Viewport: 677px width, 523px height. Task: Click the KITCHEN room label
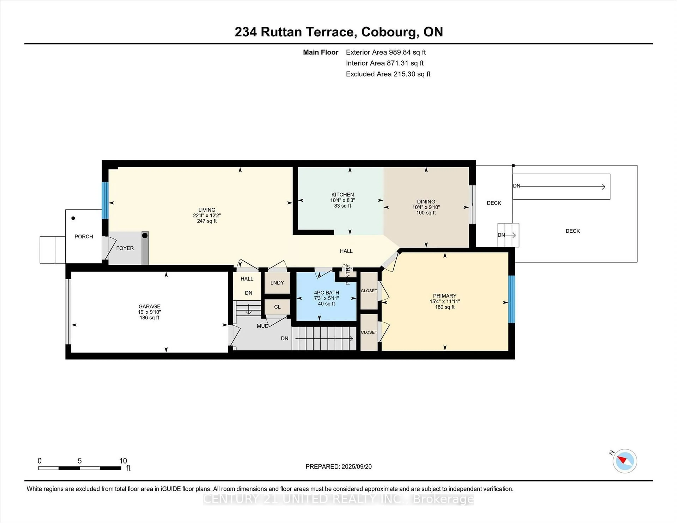tap(343, 195)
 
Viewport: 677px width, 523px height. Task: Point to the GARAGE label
tap(149, 306)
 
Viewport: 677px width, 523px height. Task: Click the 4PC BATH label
tap(326, 293)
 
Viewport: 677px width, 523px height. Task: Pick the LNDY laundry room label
tap(277, 283)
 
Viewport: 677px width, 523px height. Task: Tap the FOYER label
tap(125, 248)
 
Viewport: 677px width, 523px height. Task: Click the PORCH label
tap(84, 236)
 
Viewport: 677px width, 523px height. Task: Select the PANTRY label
tap(347, 274)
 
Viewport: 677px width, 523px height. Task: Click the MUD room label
tap(263, 326)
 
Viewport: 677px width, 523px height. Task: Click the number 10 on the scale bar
tap(123, 461)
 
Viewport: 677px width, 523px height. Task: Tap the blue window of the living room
tap(105, 201)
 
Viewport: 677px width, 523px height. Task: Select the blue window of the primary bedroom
tap(511, 299)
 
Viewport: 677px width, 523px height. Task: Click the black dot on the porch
tap(73, 218)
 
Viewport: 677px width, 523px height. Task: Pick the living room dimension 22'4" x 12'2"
tap(207, 215)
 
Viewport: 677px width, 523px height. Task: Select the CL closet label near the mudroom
tap(277, 307)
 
